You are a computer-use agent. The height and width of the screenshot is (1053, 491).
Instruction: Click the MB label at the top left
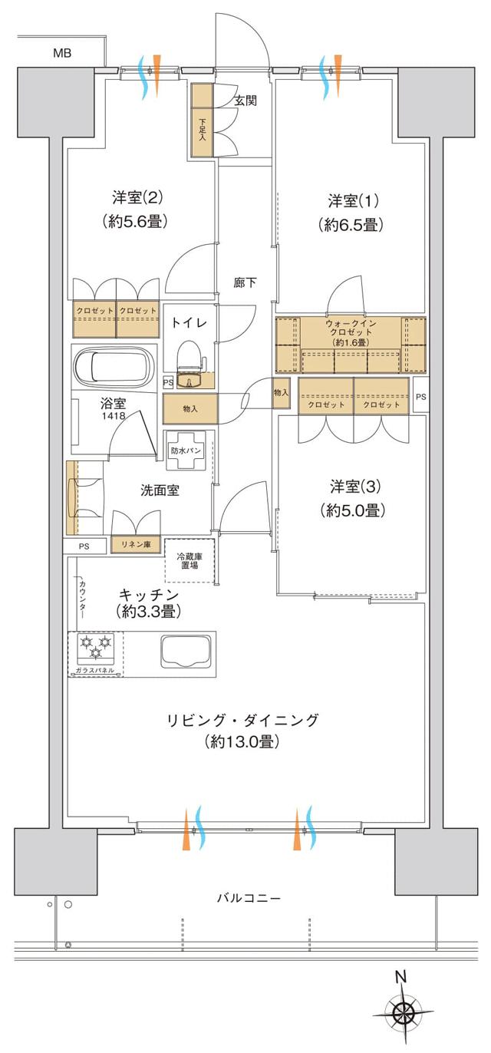click(62, 53)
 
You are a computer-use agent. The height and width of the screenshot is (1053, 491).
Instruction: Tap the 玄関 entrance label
click(245, 101)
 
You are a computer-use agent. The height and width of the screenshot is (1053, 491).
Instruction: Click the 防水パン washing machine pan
click(186, 451)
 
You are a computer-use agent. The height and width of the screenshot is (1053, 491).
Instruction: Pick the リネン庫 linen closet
click(136, 544)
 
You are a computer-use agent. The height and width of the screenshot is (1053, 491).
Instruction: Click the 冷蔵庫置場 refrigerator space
click(190, 560)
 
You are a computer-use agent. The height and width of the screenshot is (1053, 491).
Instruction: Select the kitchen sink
click(185, 652)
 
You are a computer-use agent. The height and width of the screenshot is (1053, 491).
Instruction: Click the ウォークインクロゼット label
click(350, 332)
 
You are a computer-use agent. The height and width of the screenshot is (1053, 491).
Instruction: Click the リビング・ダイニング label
click(241, 721)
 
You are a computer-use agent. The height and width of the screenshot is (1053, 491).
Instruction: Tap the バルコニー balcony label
click(248, 897)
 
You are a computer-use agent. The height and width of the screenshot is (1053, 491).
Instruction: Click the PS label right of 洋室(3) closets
click(420, 397)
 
